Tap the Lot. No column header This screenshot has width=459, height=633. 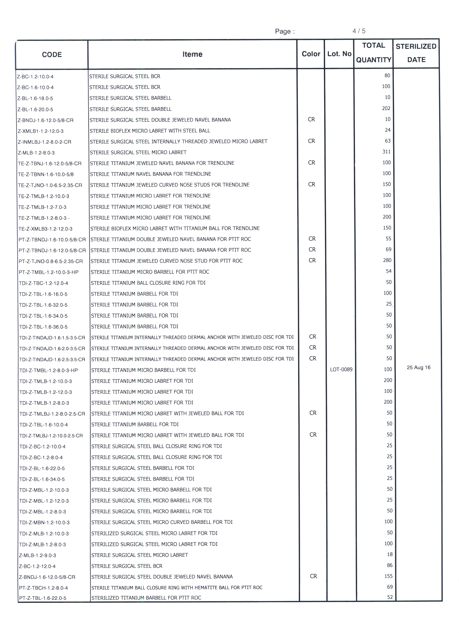339,54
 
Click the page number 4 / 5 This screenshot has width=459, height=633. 359,31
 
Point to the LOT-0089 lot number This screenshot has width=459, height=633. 341,370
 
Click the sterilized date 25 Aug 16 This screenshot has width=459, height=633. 418,368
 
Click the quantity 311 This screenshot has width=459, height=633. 386,152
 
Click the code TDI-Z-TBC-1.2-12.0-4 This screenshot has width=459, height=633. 44,283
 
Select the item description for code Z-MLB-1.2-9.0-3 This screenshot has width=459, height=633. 139,555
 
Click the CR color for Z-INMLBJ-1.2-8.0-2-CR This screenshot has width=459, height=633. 311,141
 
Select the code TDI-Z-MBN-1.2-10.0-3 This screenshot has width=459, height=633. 44,523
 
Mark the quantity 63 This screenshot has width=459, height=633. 388,141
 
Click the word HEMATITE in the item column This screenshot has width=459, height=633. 199,588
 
